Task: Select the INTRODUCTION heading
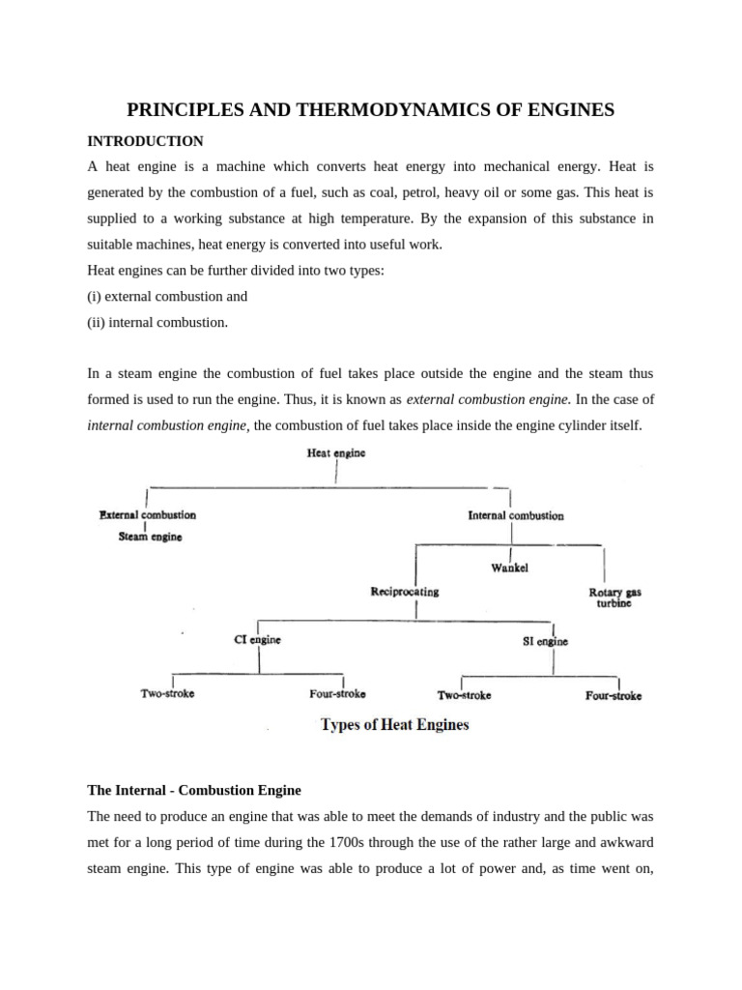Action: [x=145, y=141]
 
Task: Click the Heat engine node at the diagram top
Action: [x=335, y=452]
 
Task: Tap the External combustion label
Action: [x=148, y=515]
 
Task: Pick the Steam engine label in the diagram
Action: [x=150, y=537]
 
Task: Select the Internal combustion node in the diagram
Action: [x=515, y=515]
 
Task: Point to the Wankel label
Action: [x=509, y=568]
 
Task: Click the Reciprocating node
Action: [x=404, y=592]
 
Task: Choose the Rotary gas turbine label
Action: [x=615, y=597]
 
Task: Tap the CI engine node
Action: [x=258, y=639]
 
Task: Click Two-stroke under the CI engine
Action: [x=167, y=693]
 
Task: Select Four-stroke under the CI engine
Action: [x=337, y=694]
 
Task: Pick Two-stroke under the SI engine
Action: [x=464, y=695]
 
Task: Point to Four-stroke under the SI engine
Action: [x=613, y=695]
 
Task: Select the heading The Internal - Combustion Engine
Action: [x=194, y=790]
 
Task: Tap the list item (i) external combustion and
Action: [x=167, y=297]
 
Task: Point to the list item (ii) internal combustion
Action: [x=157, y=322]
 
